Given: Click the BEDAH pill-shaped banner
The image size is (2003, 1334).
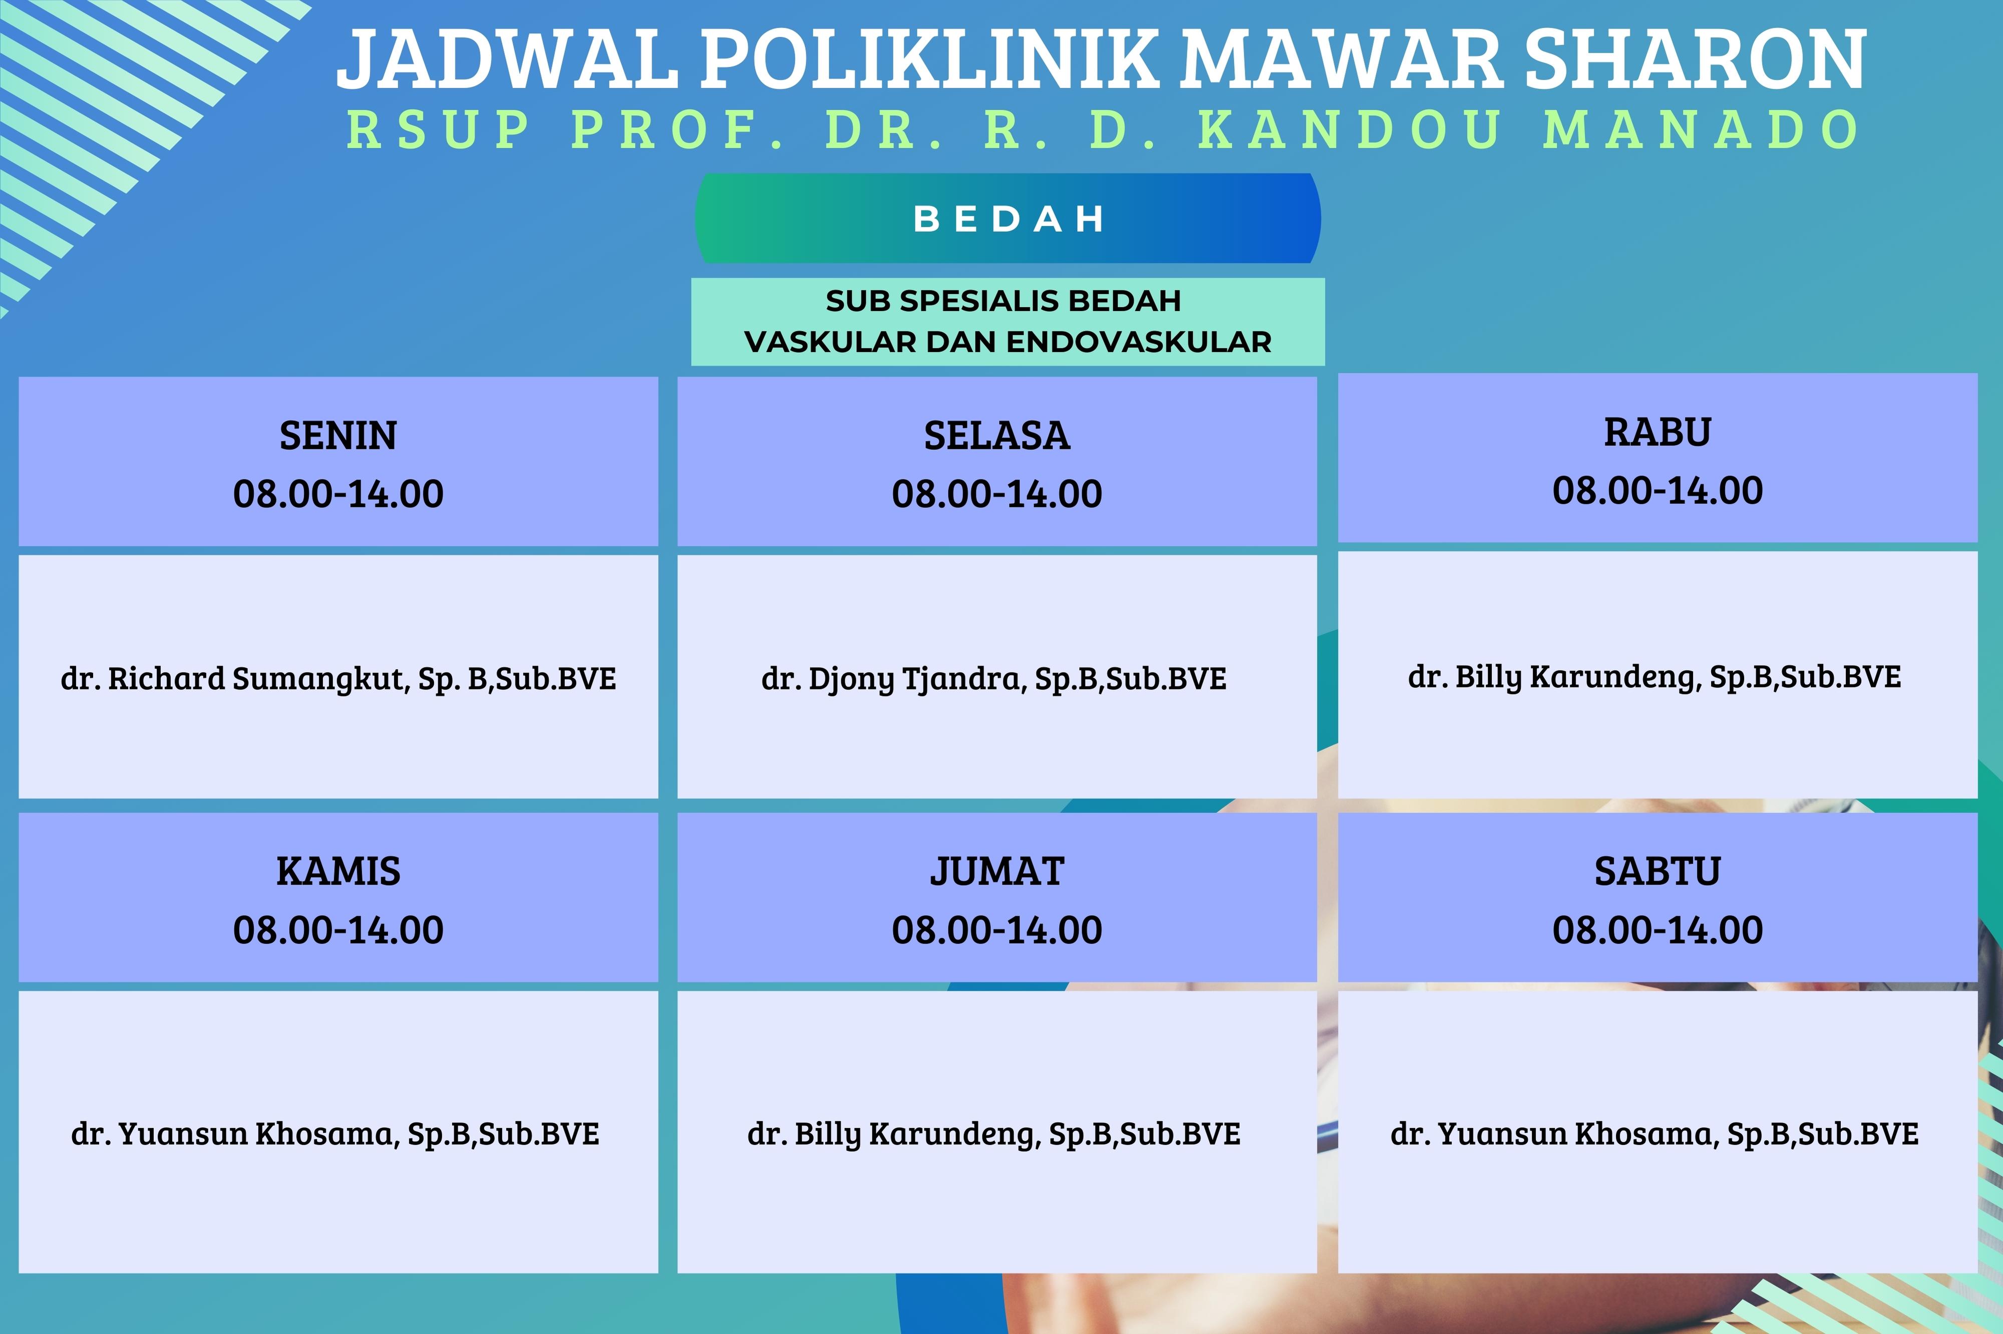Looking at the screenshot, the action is click(1008, 219).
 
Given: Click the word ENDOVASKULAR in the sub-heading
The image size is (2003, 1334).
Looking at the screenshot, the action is click(1139, 342).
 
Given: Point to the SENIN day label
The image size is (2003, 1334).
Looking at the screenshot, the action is click(338, 436).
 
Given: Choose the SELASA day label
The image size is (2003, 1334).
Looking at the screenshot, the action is click(997, 436).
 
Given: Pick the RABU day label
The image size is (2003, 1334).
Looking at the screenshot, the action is click(1657, 432).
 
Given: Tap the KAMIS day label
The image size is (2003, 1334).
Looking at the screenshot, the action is click(338, 871).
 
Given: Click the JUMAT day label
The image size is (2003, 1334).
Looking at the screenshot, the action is click(997, 871).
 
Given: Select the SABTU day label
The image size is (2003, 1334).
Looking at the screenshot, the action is click(1657, 871).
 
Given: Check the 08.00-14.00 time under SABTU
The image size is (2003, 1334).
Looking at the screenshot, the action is click(1657, 929).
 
